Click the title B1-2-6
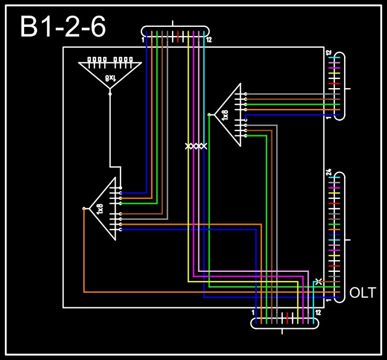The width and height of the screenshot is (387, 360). pos(63,27)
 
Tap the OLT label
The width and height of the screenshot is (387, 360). pos(363,293)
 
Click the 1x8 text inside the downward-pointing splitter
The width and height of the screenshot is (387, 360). pos(110,78)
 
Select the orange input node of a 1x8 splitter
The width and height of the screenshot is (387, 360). pos(84,208)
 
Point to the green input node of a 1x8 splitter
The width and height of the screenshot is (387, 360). pos(209,114)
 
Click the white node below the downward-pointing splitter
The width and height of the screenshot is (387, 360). pos(110,93)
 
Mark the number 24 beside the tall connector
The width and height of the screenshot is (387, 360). pos(328,173)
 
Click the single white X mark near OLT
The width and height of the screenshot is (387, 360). pos(319,281)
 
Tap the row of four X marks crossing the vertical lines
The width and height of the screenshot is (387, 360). pos(196,146)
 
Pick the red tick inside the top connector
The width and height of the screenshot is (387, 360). pos(178,37)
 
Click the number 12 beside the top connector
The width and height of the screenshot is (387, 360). pos(209,40)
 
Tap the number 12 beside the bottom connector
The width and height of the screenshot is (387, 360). pos(318,313)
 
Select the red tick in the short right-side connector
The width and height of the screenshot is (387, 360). pos(334,84)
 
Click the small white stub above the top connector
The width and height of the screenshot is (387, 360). pos(173,23)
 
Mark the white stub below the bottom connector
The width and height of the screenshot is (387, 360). pos(283,331)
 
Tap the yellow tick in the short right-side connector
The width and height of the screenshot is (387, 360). pos(334,74)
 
